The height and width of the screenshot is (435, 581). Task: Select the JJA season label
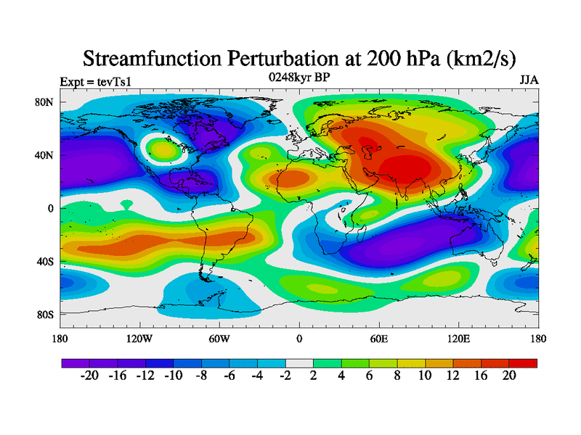click(529, 80)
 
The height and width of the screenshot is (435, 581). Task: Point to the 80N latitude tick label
click(45, 102)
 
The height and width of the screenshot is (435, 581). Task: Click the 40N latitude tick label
click(45, 155)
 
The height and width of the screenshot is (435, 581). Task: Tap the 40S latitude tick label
click(46, 262)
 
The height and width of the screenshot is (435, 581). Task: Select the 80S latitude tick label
click(46, 315)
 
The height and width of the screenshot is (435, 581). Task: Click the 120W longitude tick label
click(139, 339)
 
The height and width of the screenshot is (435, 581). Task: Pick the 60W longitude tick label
click(219, 339)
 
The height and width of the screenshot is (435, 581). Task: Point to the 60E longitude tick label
click(379, 339)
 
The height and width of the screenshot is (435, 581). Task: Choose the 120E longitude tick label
click(459, 339)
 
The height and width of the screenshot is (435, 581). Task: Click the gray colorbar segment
click(299, 362)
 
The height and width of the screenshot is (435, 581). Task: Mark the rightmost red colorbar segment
click(523, 362)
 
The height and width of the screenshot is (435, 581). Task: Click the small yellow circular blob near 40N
click(163, 150)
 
